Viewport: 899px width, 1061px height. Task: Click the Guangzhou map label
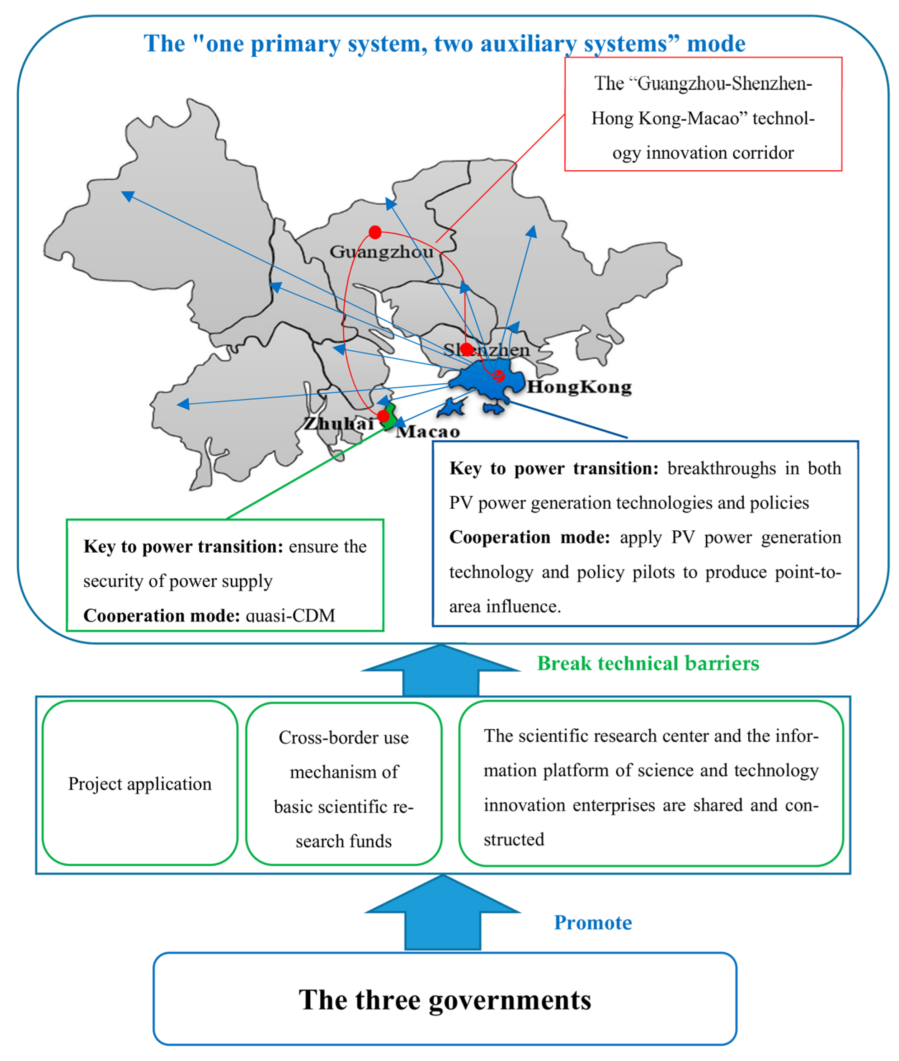tap(381, 252)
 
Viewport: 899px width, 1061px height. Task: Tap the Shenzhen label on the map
tap(487, 350)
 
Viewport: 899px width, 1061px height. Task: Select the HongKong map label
tap(579, 387)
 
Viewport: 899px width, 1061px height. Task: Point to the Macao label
tap(428, 432)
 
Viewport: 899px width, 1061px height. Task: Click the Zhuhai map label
tap(339, 423)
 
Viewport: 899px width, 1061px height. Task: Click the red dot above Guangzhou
tap(375, 233)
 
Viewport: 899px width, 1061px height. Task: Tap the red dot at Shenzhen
tap(467, 349)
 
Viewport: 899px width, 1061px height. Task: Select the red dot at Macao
tap(383, 417)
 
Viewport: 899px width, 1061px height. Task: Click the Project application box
tap(140, 783)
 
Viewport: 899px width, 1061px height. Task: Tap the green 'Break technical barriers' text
tap(648, 663)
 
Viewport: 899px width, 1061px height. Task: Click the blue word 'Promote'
tap(593, 923)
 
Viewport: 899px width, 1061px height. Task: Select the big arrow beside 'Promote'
tap(442, 913)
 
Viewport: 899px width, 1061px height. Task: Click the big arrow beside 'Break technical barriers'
tap(441, 671)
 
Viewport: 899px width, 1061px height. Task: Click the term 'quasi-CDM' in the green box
tap(291, 615)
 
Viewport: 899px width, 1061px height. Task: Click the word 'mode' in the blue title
tap(716, 44)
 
